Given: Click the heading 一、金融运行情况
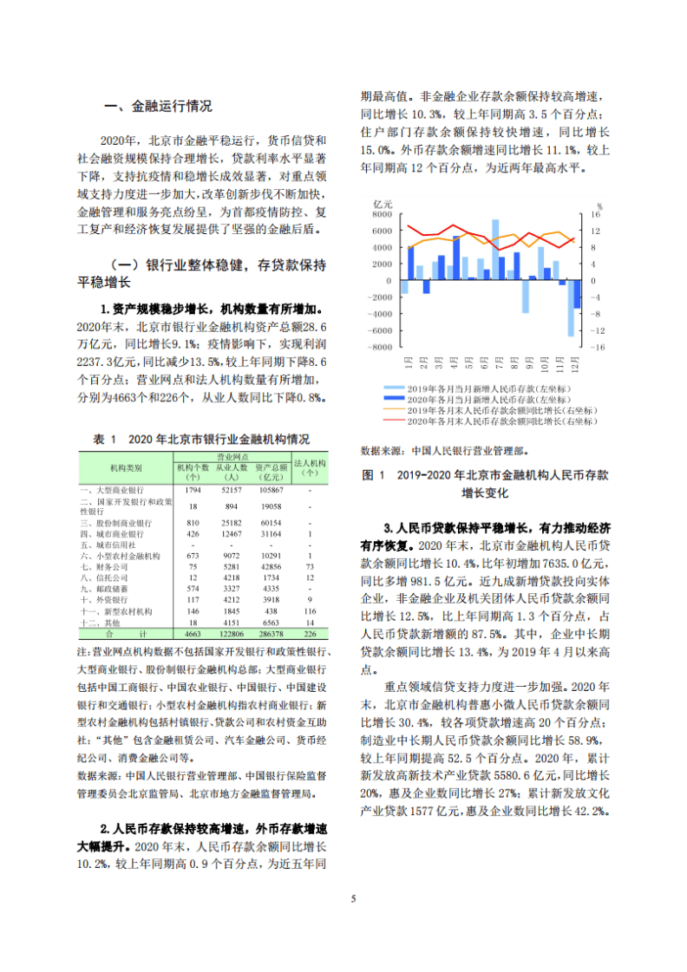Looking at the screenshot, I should pyautogui.click(x=157, y=107).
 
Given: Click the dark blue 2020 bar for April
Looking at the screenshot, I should pyautogui.click(x=456, y=258).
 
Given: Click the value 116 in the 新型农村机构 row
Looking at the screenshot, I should pyautogui.click(x=310, y=610).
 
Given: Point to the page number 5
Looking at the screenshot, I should pyautogui.click(x=352, y=897).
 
